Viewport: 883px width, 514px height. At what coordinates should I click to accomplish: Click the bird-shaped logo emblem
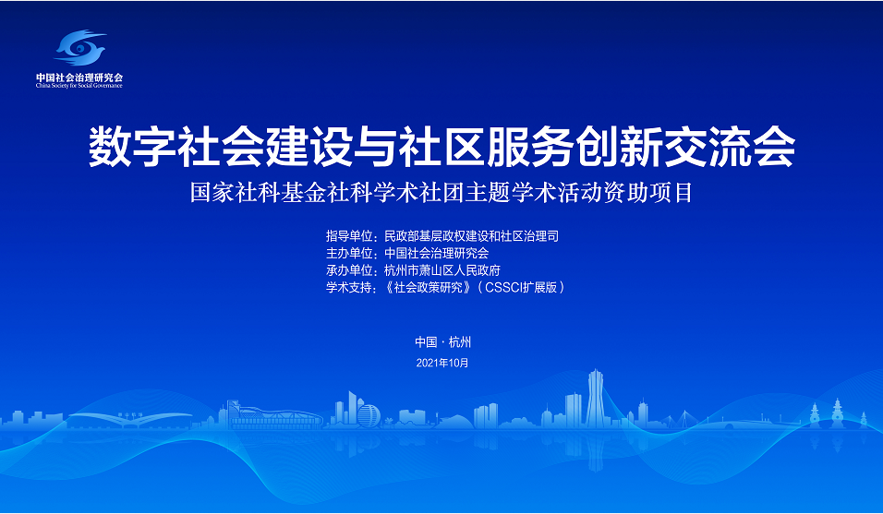79,47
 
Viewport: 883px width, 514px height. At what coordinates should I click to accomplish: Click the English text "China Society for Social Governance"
79,86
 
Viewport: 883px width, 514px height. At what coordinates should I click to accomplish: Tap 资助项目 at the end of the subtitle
650,193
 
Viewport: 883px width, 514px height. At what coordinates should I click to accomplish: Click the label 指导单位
348,235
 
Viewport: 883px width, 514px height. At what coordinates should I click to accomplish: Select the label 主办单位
348,253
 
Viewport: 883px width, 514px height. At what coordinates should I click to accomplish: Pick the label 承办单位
348,270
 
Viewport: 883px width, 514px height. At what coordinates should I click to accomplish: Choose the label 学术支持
348,288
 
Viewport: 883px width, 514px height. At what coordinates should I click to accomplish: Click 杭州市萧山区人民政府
442,270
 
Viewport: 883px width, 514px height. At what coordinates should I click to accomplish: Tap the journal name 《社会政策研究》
428,288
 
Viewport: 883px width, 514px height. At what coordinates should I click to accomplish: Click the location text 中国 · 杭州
442,342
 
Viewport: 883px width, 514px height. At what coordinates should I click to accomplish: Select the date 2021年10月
442,363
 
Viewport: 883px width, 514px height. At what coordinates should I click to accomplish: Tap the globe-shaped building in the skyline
369,414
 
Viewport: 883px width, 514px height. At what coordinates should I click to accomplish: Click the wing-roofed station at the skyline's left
130,420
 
